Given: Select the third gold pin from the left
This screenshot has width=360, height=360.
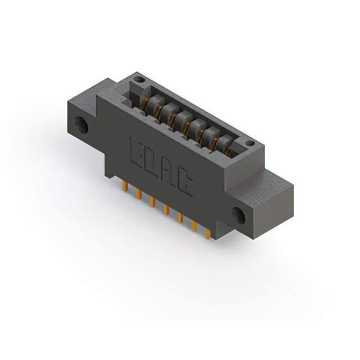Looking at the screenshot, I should point(152,201).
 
